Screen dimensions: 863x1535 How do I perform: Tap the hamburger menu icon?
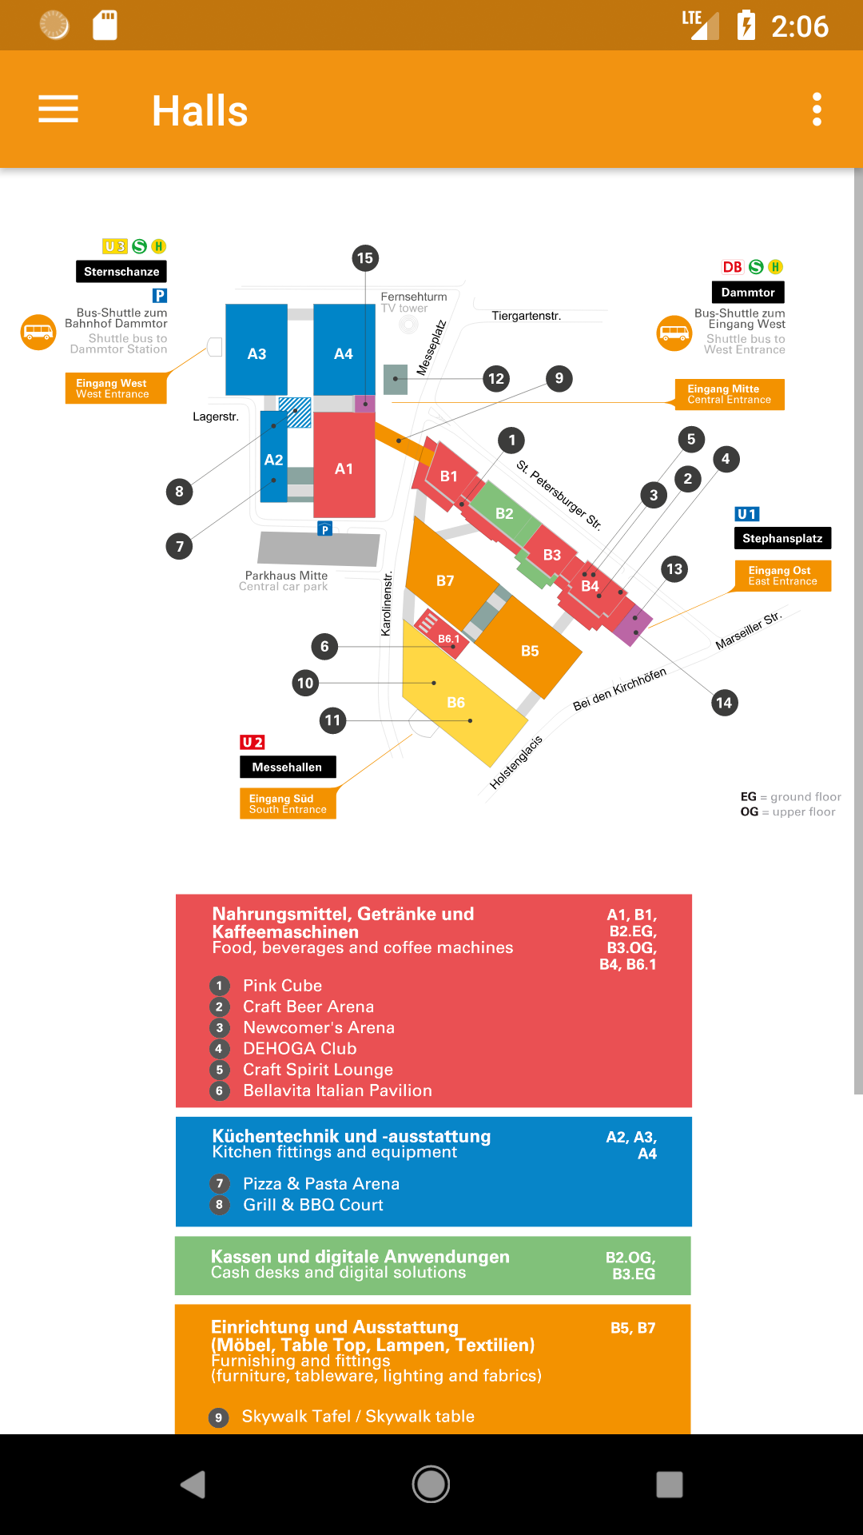point(58,109)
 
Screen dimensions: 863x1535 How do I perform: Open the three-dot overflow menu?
point(817,109)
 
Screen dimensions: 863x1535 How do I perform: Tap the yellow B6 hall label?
point(455,702)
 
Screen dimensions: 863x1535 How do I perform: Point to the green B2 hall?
point(504,513)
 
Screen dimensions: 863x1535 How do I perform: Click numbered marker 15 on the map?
point(365,258)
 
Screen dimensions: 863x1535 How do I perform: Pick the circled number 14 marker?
point(724,703)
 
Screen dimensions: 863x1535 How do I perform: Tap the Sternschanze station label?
point(121,272)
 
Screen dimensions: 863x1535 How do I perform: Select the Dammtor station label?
point(748,293)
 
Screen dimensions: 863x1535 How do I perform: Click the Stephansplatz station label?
point(782,538)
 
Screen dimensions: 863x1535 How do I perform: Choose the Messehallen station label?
point(288,767)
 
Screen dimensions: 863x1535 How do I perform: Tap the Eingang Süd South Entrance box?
point(288,803)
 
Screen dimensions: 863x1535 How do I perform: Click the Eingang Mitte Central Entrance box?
point(730,394)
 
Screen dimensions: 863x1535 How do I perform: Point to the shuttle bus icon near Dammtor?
point(674,333)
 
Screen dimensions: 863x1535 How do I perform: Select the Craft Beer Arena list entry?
point(308,1007)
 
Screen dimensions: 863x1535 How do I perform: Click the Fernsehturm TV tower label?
point(414,302)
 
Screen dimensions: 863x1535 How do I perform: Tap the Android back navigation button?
point(193,1485)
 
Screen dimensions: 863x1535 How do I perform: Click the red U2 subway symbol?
point(253,743)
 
